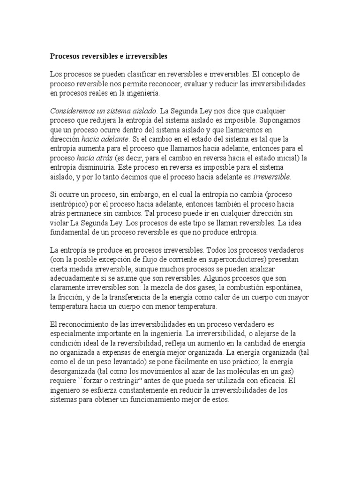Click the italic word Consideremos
[x=72, y=111]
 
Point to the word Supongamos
[x=280, y=120]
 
